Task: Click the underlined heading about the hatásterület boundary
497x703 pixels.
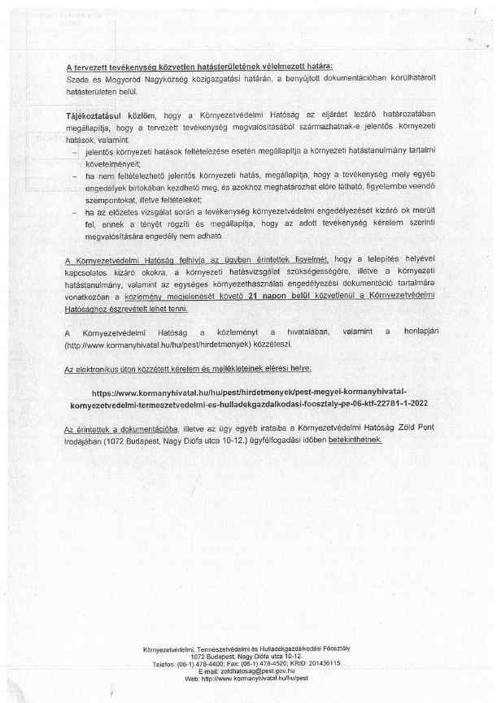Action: coord(198,66)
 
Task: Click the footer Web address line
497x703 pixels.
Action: coord(250,677)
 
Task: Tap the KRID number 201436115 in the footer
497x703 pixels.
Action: coord(320,663)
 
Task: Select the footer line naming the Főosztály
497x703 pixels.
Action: coord(250,649)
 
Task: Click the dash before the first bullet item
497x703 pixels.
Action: coord(76,152)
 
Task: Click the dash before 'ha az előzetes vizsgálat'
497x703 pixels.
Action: coord(76,211)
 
